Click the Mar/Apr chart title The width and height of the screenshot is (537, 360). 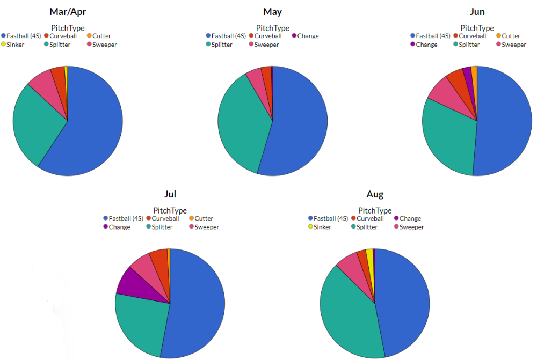click(68, 12)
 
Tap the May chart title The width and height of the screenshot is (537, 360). click(272, 12)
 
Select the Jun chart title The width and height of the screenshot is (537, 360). click(477, 12)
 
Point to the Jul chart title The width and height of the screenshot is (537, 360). click(170, 194)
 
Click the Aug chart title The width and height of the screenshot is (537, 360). click(375, 194)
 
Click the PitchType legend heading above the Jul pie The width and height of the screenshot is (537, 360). click(170, 211)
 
